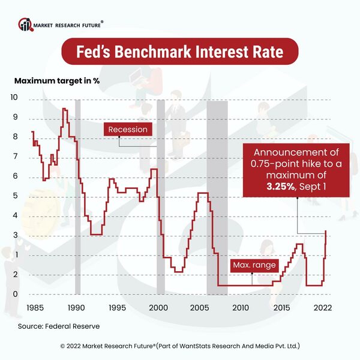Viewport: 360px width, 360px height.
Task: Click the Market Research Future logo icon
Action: [x=25, y=25]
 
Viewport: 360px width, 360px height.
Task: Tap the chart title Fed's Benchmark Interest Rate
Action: [x=179, y=52]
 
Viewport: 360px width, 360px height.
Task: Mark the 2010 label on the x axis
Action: [x=240, y=307]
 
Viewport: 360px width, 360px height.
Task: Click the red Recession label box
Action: [x=127, y=129]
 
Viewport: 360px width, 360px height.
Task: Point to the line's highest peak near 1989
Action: [x=64, y=109]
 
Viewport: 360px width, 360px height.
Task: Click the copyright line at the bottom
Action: [x=180, y=346]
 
